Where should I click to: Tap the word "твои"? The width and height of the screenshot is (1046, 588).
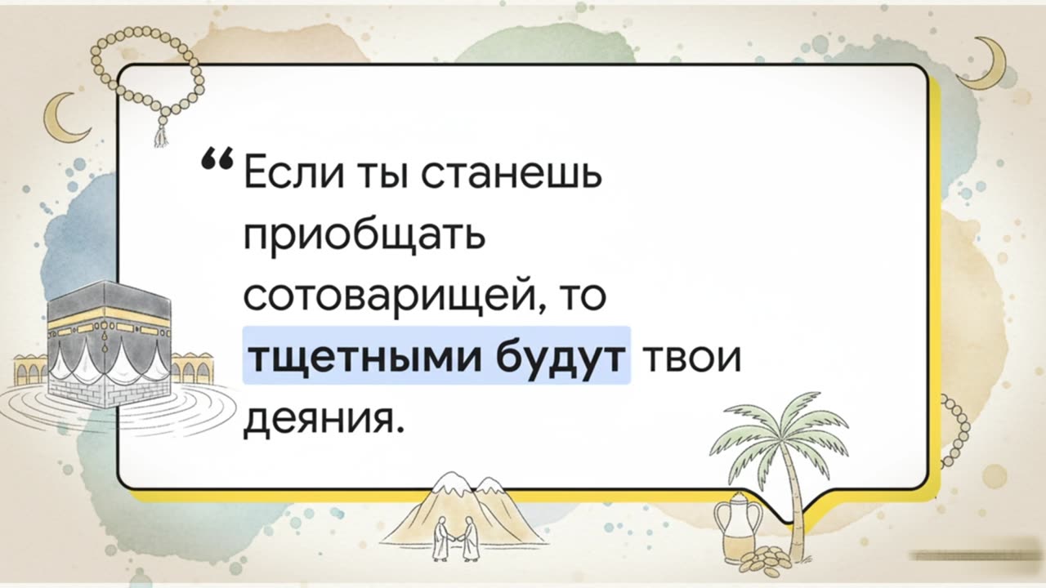click(x=694, y=356)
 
